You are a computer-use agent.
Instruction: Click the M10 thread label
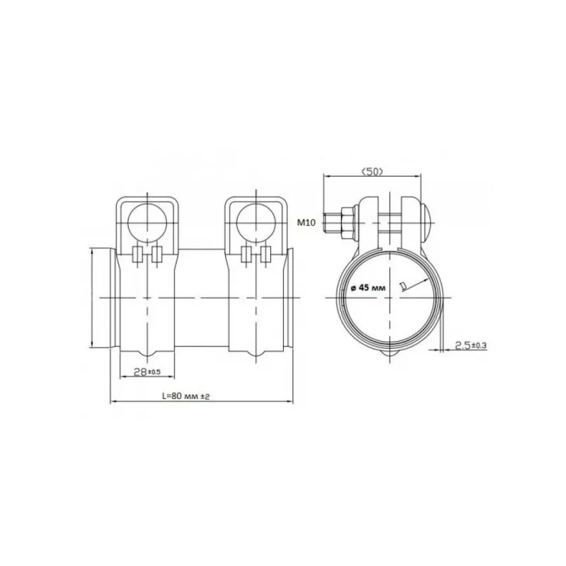306,223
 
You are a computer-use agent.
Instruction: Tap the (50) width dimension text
372,172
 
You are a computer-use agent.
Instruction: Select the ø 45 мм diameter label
368,288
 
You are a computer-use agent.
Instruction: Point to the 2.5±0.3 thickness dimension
470,346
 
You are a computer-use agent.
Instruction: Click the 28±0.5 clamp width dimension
147,372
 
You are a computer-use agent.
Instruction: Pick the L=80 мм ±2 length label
186,396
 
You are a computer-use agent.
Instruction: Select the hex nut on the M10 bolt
347,223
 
